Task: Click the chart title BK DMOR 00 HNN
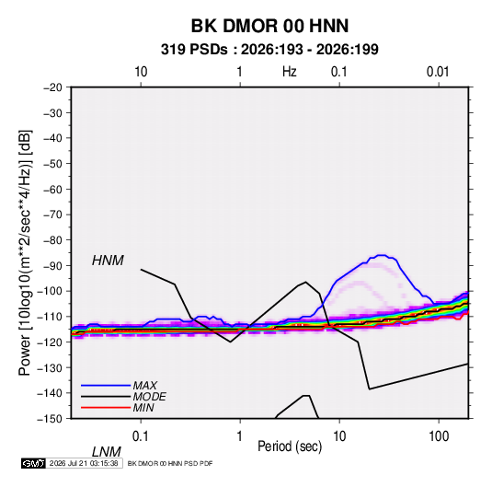click(269, 26)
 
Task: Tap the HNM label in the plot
click(108, 261)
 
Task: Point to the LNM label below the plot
click(107, 452)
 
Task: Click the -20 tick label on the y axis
click(52, 87)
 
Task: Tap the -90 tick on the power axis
click(52, 266)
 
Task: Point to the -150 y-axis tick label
click(50, 419)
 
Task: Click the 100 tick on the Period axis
click(439, 436)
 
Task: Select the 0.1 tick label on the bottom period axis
click(140, 436)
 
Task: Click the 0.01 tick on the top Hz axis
click(438, 72)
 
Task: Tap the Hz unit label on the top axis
click(290, 72)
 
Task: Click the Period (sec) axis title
click(290, 446)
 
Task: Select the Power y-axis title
click(25, 253)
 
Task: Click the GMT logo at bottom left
click(34, 463)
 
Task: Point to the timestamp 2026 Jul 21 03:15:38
click(84, 463)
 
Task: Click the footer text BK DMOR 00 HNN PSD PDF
click(170, 463)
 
